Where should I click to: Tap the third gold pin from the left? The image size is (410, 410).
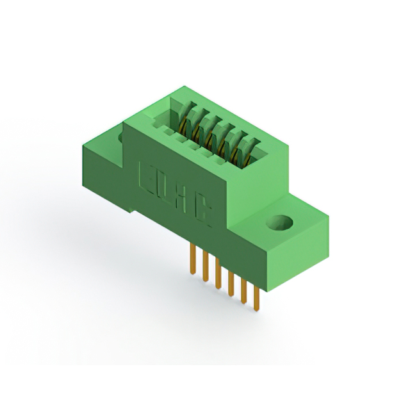217,275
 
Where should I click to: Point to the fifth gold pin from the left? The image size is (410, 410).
243,291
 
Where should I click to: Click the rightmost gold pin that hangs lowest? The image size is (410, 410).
256,300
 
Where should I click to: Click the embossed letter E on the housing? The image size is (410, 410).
145,176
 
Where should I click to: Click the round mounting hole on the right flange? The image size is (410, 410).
280,224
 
